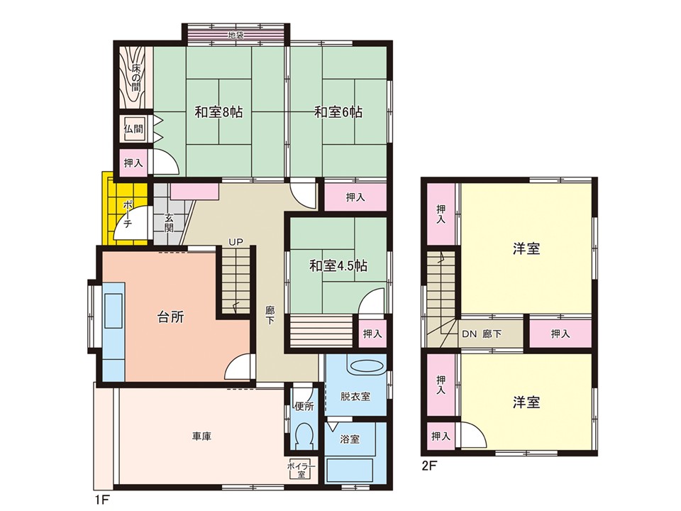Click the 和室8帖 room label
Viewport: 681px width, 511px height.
(218, 113)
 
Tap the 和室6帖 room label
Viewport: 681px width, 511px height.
(338, 113)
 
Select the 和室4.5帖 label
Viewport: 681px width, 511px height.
(338, 265)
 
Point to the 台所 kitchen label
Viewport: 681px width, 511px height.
(170, 317)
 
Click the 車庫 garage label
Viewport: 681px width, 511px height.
(202, 436)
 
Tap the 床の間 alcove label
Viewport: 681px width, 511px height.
(136, 77)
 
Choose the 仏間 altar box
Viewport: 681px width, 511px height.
(134, 129)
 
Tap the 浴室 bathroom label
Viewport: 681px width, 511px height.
(350, 439)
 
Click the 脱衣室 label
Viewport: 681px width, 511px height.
(355, 396)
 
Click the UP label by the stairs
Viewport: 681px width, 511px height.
(236, 242)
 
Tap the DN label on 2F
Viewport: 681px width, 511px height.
(469, 334)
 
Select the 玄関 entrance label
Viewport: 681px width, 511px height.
(169, 223)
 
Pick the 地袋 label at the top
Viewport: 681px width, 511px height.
(236, 35)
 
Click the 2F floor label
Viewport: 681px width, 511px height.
(429, 466)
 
